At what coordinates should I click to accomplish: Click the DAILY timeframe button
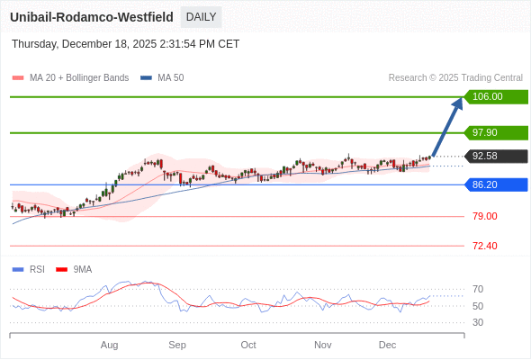201,17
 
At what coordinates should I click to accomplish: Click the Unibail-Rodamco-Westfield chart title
92,17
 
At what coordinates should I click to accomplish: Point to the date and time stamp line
125,43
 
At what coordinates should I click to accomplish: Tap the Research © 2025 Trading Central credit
455,77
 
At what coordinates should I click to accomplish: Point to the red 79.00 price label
485,216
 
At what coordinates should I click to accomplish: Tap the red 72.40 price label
485,246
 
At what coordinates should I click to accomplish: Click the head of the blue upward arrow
459,102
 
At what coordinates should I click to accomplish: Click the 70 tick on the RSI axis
478,289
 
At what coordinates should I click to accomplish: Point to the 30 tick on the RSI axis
478,322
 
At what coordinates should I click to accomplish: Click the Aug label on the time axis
110,345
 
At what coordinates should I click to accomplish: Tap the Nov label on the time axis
323,345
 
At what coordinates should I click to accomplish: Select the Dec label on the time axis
388,345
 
